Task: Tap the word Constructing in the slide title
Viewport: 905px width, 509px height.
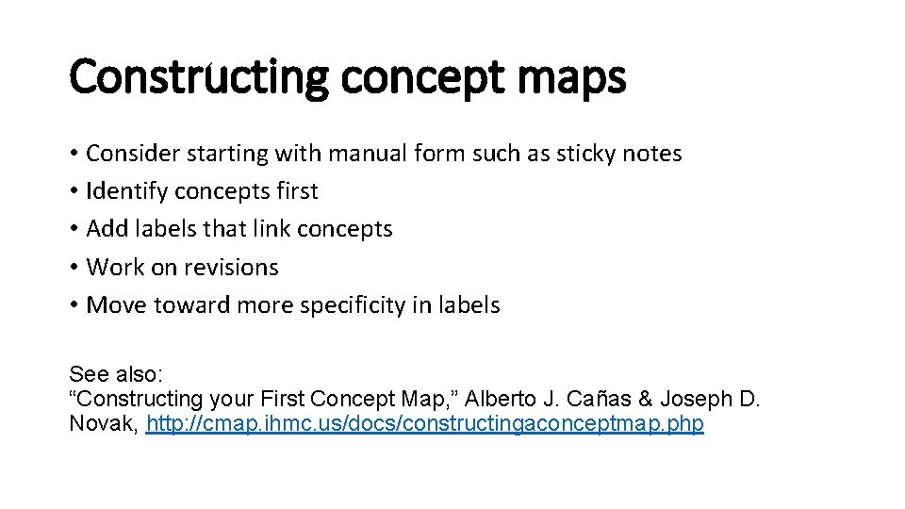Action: click(198, 76)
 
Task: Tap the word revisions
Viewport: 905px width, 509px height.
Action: click(231, 268)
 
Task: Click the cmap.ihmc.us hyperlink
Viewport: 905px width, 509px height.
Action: click(425, 424)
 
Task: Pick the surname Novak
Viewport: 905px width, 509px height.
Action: click(104, 424)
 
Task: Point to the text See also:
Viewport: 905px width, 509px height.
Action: click(116, 373)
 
